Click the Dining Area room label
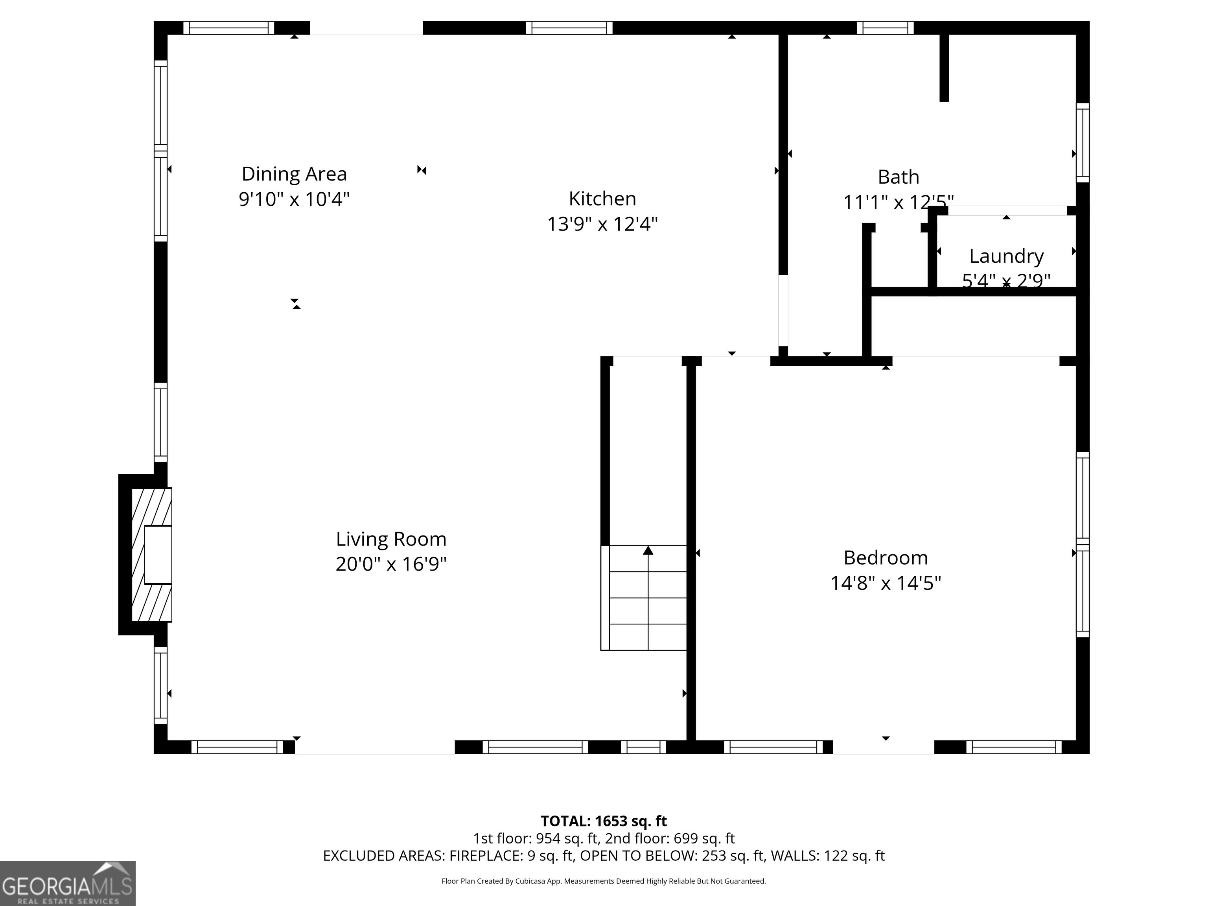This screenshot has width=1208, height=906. click(x=294, y=174)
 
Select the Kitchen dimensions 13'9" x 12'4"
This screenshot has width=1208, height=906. click(x=602, y=224)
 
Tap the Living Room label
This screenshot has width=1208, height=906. click(x=391, y=539)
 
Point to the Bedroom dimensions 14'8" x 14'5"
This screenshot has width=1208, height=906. click(x=885, y=583)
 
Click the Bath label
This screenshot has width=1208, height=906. click(x=899, y=177)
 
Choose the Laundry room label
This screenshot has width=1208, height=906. click(x=1006, y=256)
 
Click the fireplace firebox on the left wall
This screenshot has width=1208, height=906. click(x=158, y=554)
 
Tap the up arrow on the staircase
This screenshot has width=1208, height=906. click(x=648, y=551)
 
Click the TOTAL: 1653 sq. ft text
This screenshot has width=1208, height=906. click(x=604, y=821)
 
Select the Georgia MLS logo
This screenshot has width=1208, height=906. click(x=67, y=883)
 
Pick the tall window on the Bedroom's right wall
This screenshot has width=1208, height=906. click(x=1083, y=545)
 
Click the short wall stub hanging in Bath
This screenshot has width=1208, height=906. click(x=944, y=66)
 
